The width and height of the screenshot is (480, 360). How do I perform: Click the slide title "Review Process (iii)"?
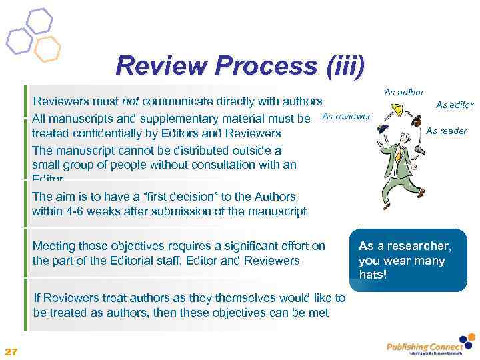point(240,65)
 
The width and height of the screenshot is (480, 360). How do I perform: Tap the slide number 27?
point(11,351)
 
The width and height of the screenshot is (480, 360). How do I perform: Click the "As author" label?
point(404,92)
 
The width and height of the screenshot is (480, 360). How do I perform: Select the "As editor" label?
point(455,105)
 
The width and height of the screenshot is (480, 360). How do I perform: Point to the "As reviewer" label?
point(346,117)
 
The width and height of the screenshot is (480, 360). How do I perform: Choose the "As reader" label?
point(447,131)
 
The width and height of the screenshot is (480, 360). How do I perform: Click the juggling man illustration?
point(400,160)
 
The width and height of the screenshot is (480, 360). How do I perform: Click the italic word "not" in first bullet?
point(130,102)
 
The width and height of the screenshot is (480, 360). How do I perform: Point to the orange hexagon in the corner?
point(47,48)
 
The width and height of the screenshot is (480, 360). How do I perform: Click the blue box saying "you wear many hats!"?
point(406,261)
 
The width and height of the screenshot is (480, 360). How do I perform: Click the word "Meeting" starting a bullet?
point(55,246)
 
